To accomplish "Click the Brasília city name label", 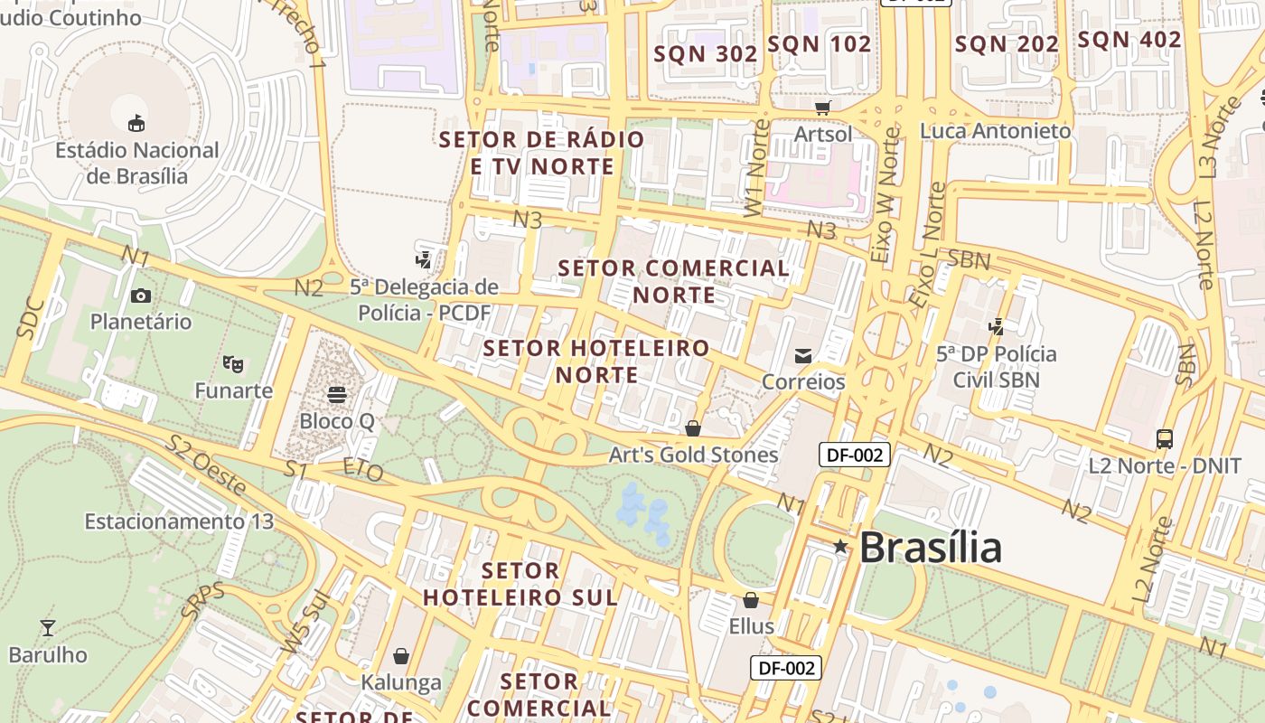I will [930, 548].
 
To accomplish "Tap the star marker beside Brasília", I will [840, 546].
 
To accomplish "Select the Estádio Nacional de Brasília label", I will [137, 163].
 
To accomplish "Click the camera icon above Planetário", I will [140, 296].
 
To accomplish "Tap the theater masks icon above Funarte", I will [233, 364].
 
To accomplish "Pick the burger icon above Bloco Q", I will [337, 395].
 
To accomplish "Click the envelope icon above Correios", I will [803, 356].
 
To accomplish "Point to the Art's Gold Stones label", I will [693, 455].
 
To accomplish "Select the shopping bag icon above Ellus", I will [750, 600].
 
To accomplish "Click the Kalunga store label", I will [401, 681].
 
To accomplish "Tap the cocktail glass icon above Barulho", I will [48, 628].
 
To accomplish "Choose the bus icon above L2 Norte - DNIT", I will [1165, 439].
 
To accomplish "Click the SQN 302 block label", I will [706, 53].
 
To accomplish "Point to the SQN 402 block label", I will [1129, 40].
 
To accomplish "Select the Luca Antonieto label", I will [995, 131].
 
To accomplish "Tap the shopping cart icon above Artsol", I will [822, 108].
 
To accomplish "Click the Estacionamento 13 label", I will [179, 521].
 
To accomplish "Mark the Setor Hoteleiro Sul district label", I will [520, 584].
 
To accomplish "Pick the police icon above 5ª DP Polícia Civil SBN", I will [997, 327].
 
